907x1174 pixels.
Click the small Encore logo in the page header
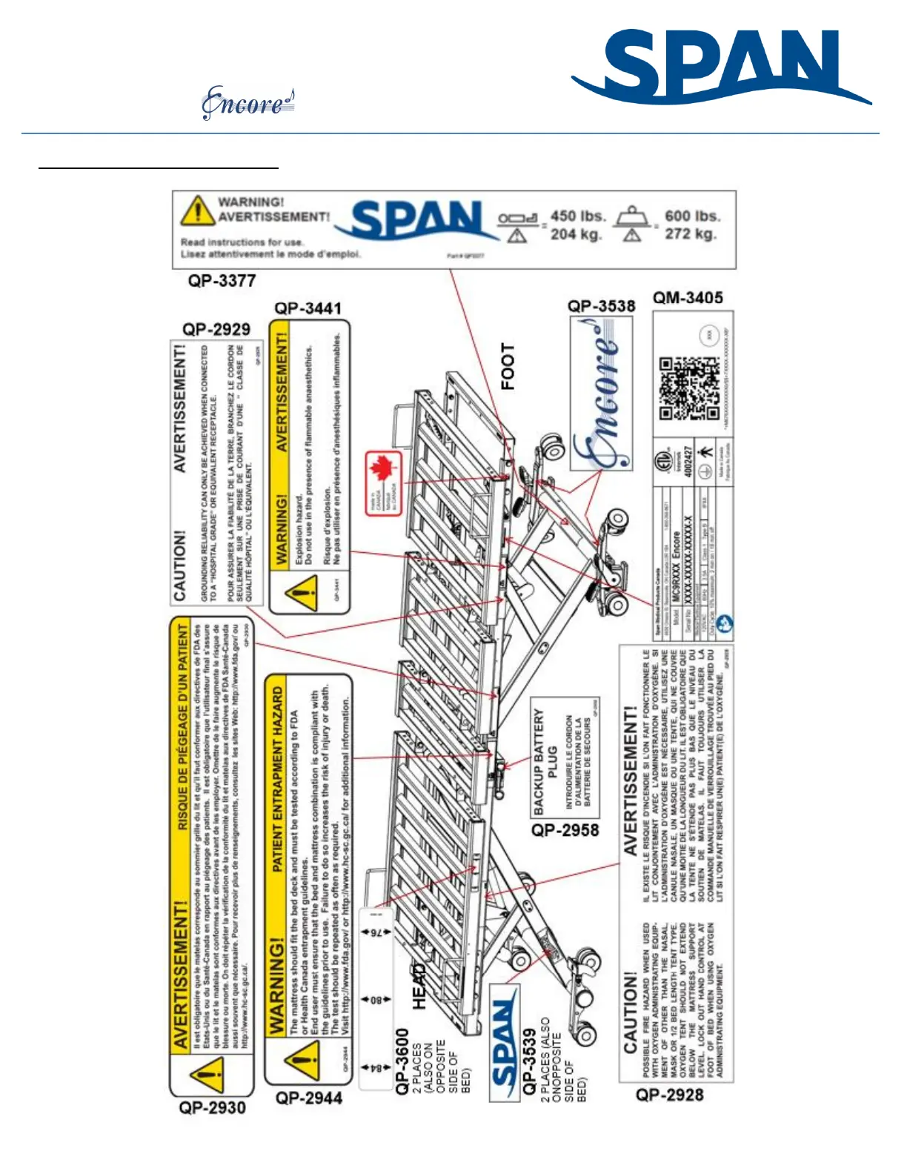point(248,104)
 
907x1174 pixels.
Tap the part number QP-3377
point(222,281)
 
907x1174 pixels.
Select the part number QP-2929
point(216,329)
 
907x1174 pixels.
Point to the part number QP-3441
point(308,308)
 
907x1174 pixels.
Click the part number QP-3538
point(601,306)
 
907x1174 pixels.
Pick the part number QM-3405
point(688,298)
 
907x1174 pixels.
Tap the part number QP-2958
point(565,830)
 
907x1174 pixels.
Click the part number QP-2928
point(669,1095)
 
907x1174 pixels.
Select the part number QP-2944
point(309,1098)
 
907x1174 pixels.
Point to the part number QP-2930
point(212,1107)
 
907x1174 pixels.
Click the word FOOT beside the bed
point(508,366)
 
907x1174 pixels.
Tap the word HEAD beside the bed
point(420,986)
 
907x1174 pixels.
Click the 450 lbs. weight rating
point(577,216)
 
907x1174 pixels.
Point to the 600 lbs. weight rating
point(692,216)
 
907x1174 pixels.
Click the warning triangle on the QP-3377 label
point(196,212)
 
